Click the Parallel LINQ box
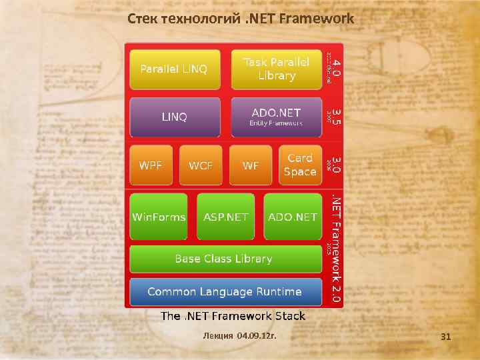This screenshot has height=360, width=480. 174,69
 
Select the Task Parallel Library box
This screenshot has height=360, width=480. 276,69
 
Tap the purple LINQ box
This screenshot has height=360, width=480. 174,117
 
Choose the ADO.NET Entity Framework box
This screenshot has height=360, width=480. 276,117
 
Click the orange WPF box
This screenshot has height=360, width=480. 151,165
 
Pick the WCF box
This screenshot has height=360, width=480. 201,165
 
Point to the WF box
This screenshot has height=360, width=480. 251,165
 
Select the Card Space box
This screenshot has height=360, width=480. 300,165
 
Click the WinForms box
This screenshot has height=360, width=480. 159,217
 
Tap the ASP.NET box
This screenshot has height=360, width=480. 225,217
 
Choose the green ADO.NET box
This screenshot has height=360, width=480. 293,217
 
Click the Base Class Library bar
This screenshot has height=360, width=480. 224,259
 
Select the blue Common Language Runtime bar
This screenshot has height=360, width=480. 225,292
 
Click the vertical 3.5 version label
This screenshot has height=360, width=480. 337,117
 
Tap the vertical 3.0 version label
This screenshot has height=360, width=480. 337,165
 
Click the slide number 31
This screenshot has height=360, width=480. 446,337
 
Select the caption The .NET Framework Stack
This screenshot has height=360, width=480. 233,316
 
